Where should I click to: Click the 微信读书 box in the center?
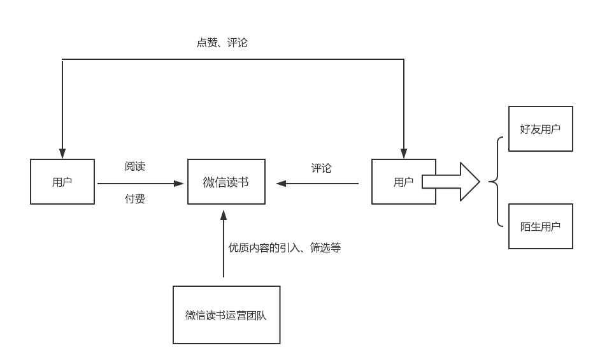[x=226, y=182]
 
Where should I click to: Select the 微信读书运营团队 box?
[x=226, y=315]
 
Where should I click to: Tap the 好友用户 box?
[x=540, y=129]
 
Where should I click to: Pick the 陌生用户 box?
[x=540, y=226]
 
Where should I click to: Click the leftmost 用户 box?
[x=62, y=182]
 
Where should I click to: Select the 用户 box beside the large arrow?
[x=403, y=182]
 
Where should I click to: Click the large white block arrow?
[x=452, y=182]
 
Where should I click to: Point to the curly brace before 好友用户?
[x=495, y=182]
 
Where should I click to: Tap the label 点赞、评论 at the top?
[x=222, y=43]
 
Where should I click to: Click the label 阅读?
[x=135, y=166]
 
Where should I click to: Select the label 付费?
[x=135, y=199]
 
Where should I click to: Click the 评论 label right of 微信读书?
[x=321, y=168]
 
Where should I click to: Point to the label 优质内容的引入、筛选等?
[x=285, y=247]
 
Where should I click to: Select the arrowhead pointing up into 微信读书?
[x=224, y=214]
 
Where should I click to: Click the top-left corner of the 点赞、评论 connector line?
[x=62, y=59]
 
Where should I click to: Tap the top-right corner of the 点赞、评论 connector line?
[x=404, y=59]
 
